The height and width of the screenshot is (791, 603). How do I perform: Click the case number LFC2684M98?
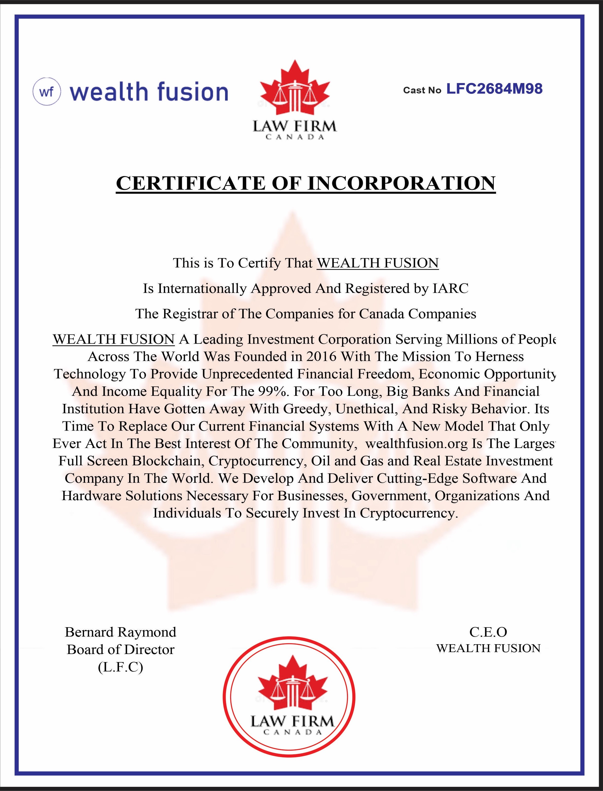coord(494,89)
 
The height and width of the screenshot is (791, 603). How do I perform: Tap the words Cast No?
coord(422,90)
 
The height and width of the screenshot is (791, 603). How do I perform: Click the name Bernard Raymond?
coord(121,632)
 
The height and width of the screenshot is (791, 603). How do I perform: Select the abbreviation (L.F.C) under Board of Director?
coord(121,667)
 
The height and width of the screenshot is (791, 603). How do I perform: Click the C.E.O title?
coord(488,632)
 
